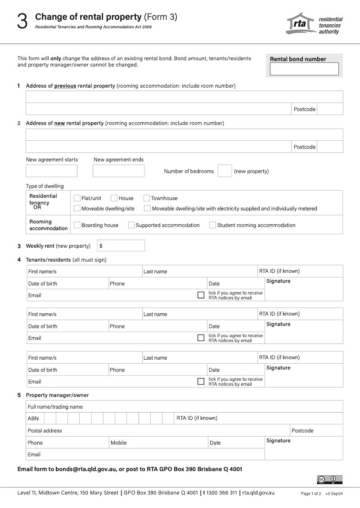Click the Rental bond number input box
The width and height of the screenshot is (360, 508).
[x=304, y=69]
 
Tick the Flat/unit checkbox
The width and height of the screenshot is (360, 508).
[x=77, y=198]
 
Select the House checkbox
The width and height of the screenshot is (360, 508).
[x=114, y=198]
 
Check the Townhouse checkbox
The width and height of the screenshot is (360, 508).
[x=147, y=198]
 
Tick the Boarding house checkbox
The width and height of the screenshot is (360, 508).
[x=77, y=225]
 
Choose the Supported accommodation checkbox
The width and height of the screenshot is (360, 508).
[x=131, y=225]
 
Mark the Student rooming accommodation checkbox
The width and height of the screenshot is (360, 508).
[x=212, y=225]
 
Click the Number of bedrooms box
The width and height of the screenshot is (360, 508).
[x=225, y=171]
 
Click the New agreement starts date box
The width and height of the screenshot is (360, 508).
[x=52, y=171]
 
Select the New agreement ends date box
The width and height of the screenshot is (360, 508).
[x=119, y=171]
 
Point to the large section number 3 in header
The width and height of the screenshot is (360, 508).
[x=22, y=22]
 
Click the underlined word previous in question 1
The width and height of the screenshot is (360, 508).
[x=65, y=86]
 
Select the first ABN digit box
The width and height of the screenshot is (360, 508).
[x=50, y=419]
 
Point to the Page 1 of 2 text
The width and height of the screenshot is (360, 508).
[x=311, y=494]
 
